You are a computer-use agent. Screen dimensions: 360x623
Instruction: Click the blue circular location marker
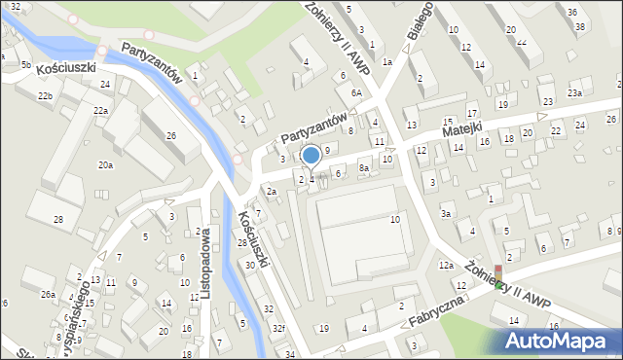(x=311, y=155)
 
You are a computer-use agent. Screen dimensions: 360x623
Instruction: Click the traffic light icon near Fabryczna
(x=499, y=277)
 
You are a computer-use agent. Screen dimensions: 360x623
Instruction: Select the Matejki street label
(x=461, y=127)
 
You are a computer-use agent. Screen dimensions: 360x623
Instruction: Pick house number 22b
(x=45, y=96)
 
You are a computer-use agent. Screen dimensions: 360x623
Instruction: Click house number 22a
(x=100, y=111)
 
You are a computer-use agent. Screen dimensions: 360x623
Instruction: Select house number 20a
(x=105, y=165)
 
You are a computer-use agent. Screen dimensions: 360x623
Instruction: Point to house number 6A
(x=357, y=92)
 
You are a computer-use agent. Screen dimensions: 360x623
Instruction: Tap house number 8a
(x=364, y=168)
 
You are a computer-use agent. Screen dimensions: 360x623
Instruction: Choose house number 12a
(x=446, y=266)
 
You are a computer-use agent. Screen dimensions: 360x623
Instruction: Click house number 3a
(x=446, y=213)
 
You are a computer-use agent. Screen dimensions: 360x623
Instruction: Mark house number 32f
(x=278, y=328)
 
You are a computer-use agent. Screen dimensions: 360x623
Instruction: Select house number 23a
(x=575, y=92)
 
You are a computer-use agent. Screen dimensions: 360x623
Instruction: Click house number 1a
(x=386, y=62)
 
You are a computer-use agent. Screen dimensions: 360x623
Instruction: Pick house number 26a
(x=47, y=294)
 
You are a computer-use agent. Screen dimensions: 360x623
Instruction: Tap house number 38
(x=580, y=26)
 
